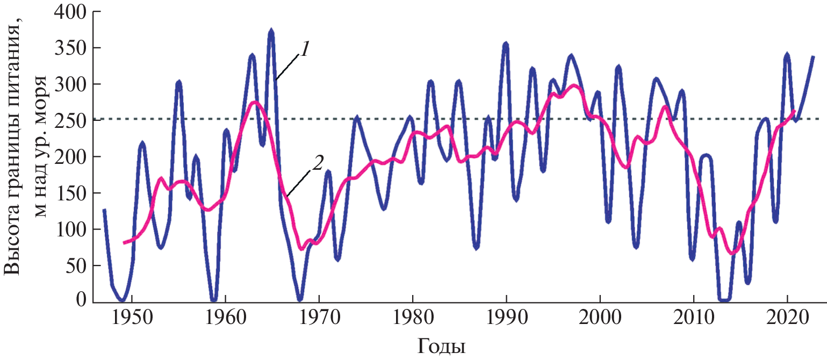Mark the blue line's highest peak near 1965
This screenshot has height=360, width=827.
coord(271,32)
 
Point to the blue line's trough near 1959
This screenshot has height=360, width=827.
coord(214,299)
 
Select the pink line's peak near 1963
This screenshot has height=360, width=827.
coord(255,102)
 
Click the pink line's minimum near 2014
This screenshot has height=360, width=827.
coord(732,253)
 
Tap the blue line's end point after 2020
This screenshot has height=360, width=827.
coord(813,56)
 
